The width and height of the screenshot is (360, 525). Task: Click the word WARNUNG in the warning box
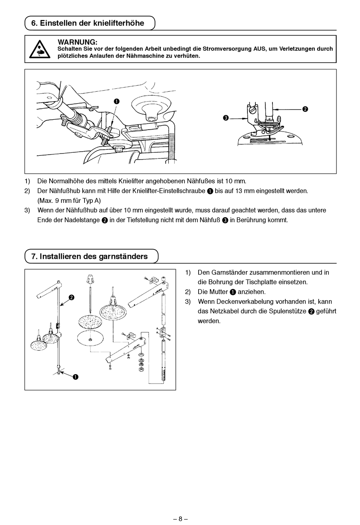77,42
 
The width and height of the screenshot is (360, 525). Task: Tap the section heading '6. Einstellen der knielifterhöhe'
88,23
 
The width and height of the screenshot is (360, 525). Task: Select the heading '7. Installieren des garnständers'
89,256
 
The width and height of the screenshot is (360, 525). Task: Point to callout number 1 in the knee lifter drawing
116,101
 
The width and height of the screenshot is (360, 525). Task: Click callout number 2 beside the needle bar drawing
305,109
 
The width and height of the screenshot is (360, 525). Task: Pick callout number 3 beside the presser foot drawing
226,118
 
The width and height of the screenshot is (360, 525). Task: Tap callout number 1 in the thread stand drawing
76,376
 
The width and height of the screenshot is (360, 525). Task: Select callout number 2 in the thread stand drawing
71,297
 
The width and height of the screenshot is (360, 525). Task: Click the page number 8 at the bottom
180,519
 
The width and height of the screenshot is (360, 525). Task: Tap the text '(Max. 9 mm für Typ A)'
69,201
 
